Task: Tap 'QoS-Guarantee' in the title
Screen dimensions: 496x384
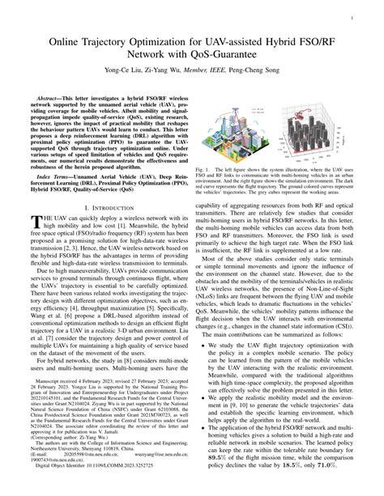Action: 215,56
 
